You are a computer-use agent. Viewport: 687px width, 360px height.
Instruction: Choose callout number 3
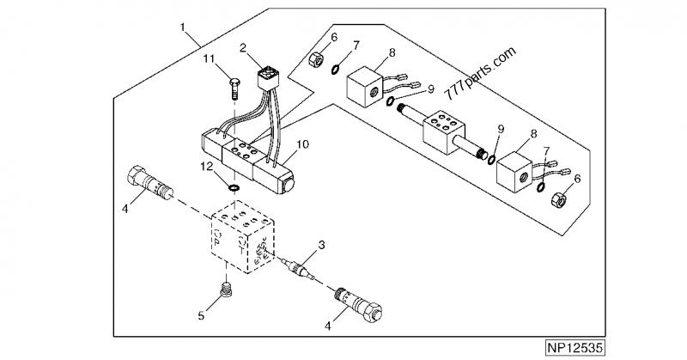coord(321,247)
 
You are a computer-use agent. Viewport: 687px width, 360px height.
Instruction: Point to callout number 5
coord(203,316)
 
